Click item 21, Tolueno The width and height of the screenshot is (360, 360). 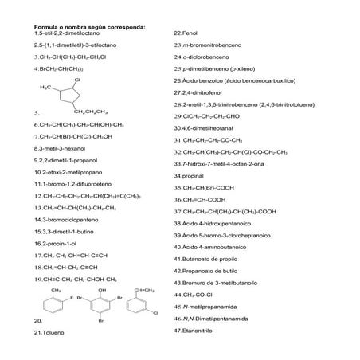pyautogui.click(x=49, y=331)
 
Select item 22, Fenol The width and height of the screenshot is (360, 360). pyautogui.click(x=187, y=33)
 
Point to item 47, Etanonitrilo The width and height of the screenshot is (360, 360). pyautogui.click(x=199, y=329)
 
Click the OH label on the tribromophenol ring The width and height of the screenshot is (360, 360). pyautogui.click(x=100, y=291)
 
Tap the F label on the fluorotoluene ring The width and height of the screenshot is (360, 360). pyautogui.click(x=71, y=297)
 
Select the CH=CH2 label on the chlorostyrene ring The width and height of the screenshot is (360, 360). pyautogui.click(x=143, y=291)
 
